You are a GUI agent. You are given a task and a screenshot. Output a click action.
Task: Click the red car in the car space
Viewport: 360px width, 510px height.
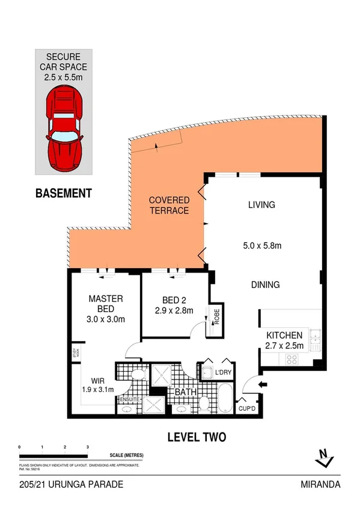pos(64,129)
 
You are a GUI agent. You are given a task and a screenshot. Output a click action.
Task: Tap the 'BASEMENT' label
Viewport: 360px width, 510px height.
pos(63,194)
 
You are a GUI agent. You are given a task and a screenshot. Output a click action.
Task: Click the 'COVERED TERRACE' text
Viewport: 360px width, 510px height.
pos(169,205)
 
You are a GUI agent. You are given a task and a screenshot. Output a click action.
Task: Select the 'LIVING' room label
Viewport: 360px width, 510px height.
pos(261,205)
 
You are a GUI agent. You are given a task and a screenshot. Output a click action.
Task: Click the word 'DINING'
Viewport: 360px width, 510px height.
pos(265,284)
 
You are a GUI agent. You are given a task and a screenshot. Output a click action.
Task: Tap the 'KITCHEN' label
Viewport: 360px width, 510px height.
pos(279,335)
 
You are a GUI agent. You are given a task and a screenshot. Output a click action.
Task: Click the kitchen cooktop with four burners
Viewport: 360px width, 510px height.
pos(292,359)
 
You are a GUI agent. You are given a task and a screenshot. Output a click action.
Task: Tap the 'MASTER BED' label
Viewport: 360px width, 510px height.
pos(106,304)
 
